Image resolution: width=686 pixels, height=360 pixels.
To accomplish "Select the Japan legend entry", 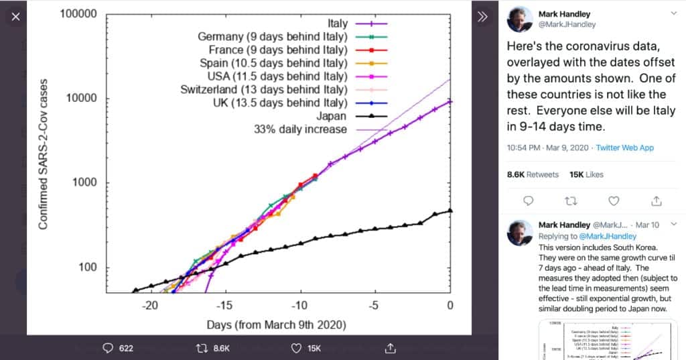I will pyautogui.click(x=333, y=116).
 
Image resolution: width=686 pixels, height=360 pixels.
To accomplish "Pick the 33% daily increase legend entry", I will pyautogui.click(x=299, y=129).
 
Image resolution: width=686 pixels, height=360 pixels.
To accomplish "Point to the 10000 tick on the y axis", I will pyautogui.click(x=80, y=99).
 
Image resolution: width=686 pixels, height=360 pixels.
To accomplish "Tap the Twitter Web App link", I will pyautogui.click(x=625, y=147).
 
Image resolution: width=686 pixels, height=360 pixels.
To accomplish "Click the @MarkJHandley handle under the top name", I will pyautogui.click(x=567, y=25).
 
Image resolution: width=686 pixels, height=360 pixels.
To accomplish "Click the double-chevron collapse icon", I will pyautogui.click(x=482, y=17).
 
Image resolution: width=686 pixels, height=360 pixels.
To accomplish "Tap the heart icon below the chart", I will pyautogui.click(x=297, y=348).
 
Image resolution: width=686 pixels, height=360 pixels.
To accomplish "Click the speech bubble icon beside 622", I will pyautogui.click(x=108, y=348).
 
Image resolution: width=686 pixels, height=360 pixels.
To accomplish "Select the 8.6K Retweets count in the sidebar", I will pyautogui.click(x=533, y=174).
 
